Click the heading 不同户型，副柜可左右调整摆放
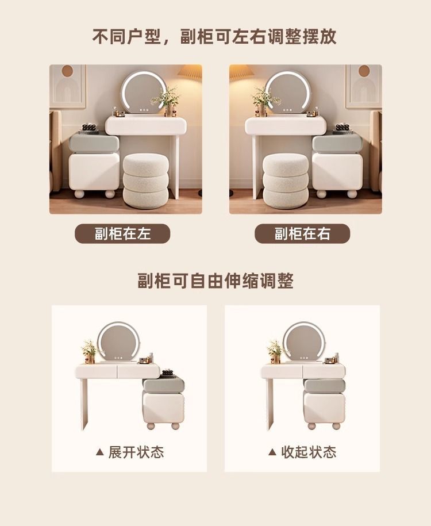pyautogui.click(x=214, y=36)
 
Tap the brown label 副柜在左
pyautogui.click(x=123, y=233)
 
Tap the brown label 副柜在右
pyautogui.click(x=302, y=233)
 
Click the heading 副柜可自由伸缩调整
pyautogui.click(x=215, y=281)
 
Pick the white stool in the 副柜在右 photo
pyautogui.click(x=285, y=181)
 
